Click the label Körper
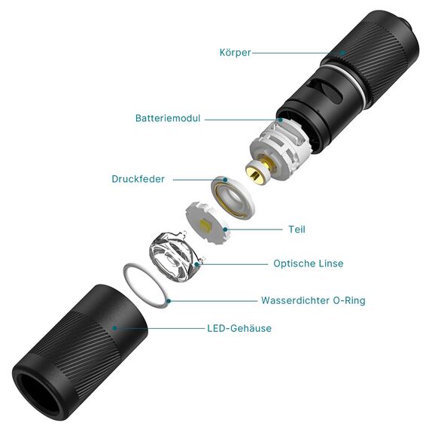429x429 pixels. pyautogui.click(x=236, y=53)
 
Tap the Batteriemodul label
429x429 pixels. pyautogui.click(x=168, y=119)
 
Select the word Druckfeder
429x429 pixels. pyautogui.click(x=138, y=179)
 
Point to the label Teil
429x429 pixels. pyautogui.click(x=297, y=230)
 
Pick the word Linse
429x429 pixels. pyautogui.click(x=331, y=263)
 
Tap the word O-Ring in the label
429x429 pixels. pyautogui.click(x=349, y=300)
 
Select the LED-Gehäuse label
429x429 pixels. pyautogui.click(x=239, y=328)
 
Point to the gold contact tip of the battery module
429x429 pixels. pyautogui.click(x=257, y=175)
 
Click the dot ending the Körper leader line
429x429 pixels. pyautogui.click(x=342, y=53)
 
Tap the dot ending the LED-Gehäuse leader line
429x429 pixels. pyautogui.click(x=114, y=328)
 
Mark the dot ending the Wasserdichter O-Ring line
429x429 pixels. pyautogui.click(x=171, y=300)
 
